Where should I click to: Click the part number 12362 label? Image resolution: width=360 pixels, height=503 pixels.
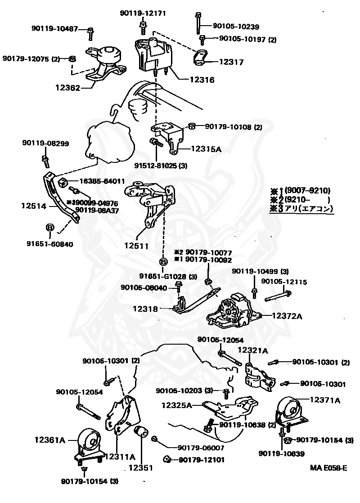point(68,88)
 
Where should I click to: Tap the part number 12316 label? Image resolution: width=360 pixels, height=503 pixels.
point(202,80)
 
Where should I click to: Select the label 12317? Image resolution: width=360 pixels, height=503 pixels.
point(231,63)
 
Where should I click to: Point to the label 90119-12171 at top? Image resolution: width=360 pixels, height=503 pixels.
point(143,13)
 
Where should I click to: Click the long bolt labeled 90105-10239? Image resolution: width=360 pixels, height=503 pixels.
point(198,23)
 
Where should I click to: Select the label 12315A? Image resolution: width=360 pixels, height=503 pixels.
point(206,148)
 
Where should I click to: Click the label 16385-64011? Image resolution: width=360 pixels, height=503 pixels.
point(102,181)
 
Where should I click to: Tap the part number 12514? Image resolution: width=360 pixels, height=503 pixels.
point(33,206)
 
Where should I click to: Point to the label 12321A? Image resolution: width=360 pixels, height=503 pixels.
point(252,350)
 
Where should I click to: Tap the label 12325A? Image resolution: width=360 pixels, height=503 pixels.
point(177,405)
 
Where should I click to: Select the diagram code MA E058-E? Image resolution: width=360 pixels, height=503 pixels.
point(328,468)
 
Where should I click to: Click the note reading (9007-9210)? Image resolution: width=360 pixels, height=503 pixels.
point(307,190)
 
